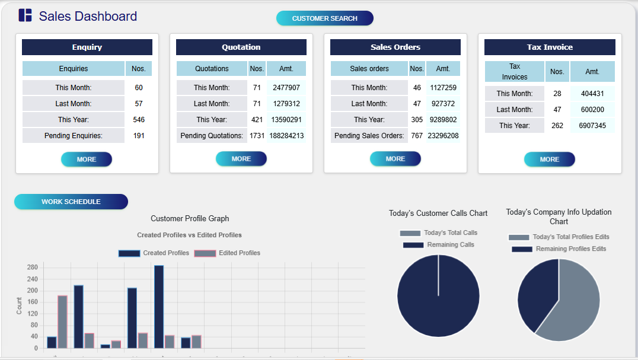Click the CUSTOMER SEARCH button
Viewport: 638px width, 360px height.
pyautogui.click(x=324, y=18)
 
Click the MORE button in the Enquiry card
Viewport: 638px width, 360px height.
pyautogui.click(x=86, y=159)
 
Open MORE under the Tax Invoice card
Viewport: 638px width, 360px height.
pyautogui.click(x=549, y=159)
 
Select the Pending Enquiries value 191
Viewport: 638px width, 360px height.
pyautogui.click(x=139, y=136)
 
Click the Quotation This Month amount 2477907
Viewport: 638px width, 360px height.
pyautogui.click(x=286, y=88)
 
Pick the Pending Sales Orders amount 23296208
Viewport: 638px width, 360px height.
pyautogui.click(x=443, y=136)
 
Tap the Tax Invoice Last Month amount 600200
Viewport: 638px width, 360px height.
pyautogui.click(x=592, y=110)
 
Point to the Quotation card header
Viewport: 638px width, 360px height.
pyautogui.click(x=241, y=47)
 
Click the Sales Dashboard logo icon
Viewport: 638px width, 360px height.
pyautogui.click(x=25, y=16)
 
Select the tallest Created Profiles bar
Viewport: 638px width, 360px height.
pyautogui.click(x=159, y=307)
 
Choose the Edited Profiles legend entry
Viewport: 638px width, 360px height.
pyautogui.click(x=228, y=253)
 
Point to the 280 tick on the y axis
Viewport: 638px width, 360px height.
pyautogui.click(x=32, y=267)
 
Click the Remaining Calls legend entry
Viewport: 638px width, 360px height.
pyautogui.click(x=438, y=245)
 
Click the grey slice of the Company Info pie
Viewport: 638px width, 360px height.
pyautogui.click(x=575, y=308)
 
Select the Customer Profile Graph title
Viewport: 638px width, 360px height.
pyautogui.click(x=190, y=219)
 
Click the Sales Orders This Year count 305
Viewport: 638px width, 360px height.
pyautogui.click(x=417, y=120)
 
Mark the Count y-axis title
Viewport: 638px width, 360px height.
pyautogui.click(x=19, y=306)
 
